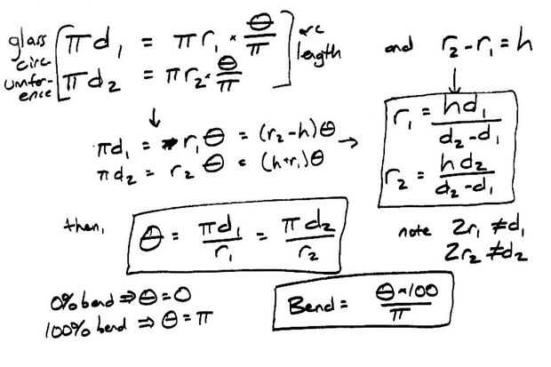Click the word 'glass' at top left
pos(23,40)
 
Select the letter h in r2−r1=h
pos(523,42)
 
